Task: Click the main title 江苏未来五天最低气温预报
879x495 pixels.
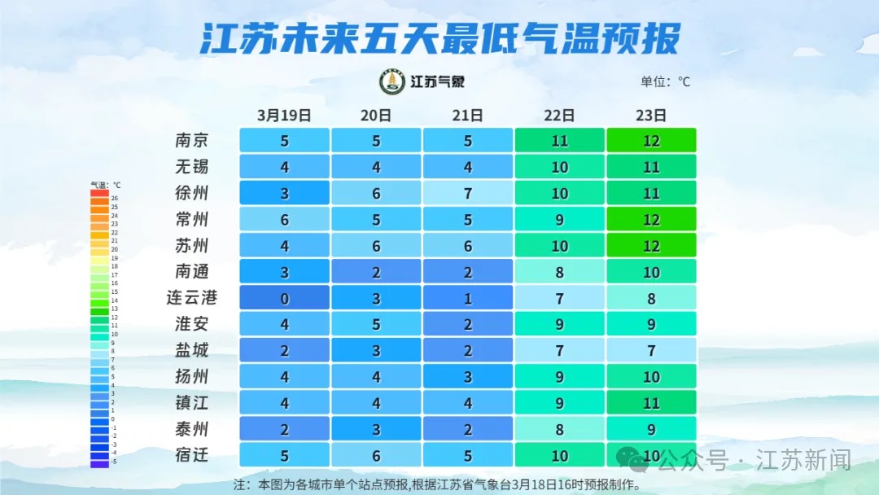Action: [439, 38]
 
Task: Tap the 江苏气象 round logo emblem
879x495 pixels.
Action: [393, 81]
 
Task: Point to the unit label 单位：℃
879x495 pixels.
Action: [665, 81]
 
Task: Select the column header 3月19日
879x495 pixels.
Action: [284, 115]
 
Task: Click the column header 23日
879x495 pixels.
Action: [651, 115]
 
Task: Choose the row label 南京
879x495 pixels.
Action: [192, 140]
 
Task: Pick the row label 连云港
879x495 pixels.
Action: [192, 297]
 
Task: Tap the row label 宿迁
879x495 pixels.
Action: [192, 454]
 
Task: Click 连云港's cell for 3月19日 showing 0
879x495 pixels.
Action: [285, 298]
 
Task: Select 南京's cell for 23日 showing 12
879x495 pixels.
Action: [651, 140]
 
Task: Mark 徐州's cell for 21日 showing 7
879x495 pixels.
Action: [468, 193]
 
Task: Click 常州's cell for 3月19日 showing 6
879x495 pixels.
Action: [285, 219]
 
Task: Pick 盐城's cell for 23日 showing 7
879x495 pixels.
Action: [651, 350]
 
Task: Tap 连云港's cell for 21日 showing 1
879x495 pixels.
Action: [468, 298]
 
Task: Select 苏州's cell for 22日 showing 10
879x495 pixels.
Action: [559, 245]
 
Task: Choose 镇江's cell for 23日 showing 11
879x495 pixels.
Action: [651, 402]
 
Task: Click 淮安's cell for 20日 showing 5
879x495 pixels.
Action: [376, 324]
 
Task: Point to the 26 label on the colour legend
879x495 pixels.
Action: [115, 198]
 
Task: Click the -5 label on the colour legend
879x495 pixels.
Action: [115, 461]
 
